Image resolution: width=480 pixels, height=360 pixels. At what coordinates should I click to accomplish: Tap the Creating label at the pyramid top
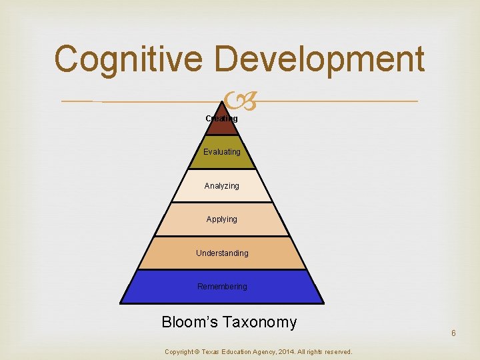point(221,119)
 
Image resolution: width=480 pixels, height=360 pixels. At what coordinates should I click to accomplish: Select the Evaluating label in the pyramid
point(222,152)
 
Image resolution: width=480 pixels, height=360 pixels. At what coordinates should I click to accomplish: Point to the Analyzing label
point(222,185)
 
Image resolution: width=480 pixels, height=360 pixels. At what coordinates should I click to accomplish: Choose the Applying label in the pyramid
point(222,219)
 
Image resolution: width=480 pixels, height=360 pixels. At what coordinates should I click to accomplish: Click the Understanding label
point(222,253)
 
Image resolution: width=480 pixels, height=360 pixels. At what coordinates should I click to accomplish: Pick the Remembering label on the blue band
point(222,286)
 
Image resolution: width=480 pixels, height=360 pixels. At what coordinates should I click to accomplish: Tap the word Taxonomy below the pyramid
point(260,323)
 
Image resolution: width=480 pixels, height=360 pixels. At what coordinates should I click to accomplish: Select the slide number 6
point(453,333)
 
